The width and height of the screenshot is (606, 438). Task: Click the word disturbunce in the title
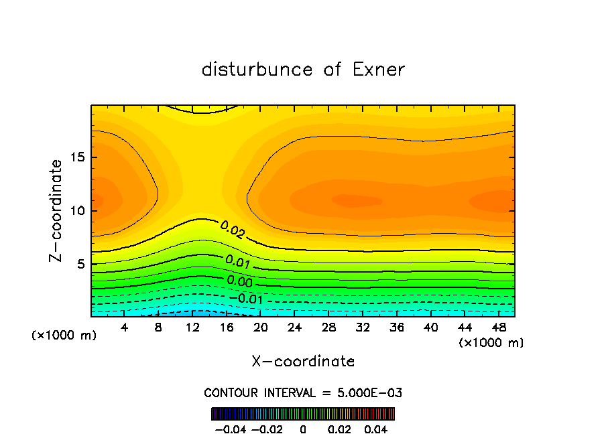click(x=257, y=70)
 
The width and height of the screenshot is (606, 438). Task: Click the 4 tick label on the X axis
click(x=125, y=328)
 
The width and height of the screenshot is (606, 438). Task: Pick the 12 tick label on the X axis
click(x=193, y=328)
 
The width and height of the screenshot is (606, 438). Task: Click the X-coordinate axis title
click(x=303, y=362)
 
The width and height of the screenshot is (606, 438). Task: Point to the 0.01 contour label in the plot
click(x=238, y=261)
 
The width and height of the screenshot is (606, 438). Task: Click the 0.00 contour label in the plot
click(x=239, y=281)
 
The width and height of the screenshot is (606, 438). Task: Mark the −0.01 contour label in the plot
click(x=245, y=298)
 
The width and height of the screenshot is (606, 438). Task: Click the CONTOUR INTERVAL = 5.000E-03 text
click(x=303, y=392)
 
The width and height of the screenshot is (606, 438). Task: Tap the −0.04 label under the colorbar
click(x=230, y=428)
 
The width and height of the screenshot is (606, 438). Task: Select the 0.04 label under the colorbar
click(x=377, y=428)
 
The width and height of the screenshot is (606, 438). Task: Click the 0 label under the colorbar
click(x=303, y=428)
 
